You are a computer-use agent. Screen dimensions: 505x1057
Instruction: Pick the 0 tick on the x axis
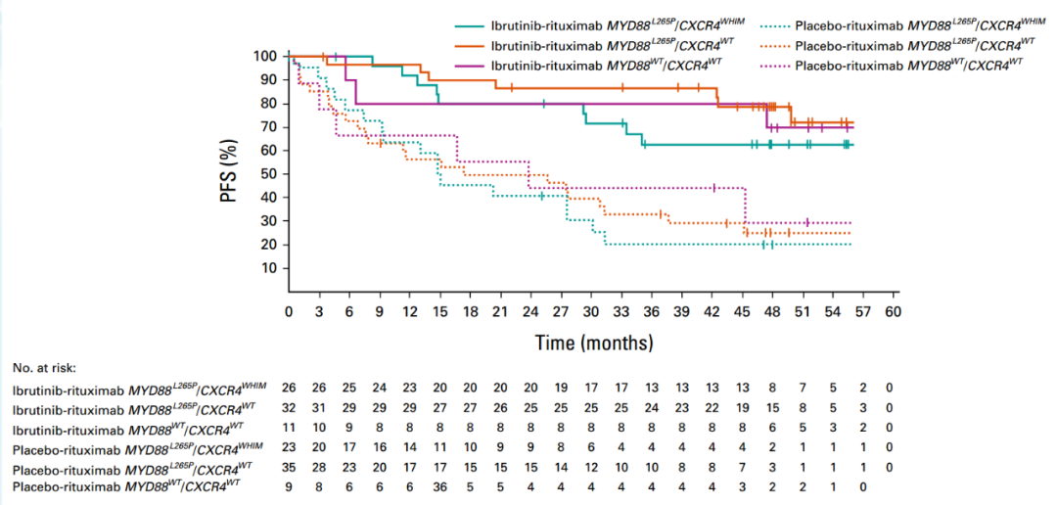click(x=289, y=311)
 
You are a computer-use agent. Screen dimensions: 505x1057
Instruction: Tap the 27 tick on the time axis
click(x=560, y=311)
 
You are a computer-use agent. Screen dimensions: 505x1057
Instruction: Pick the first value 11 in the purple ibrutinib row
click(x=289, y=427)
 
